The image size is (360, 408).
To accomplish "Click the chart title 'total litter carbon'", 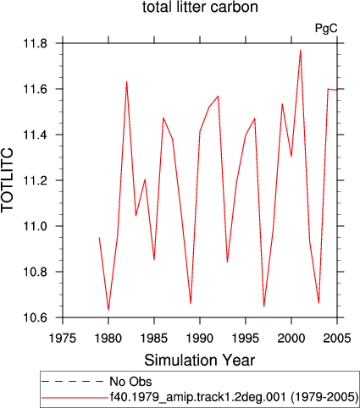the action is pyautogui.click(x=200, y=7).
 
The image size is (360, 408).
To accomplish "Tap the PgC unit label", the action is pyautogui.click(x=326, y=29).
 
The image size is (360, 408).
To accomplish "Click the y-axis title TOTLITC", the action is pyautogui.click(x=8, y=179).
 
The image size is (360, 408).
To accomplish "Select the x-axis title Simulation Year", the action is pyautogui.click(x=200, y=360).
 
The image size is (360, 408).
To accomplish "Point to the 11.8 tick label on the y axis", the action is pyautogui.click(x=35, y=43).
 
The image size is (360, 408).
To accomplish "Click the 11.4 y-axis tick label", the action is pyautogui.click(x=35, y=135).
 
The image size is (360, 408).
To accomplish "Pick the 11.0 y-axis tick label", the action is pyautogui.click(x=35, y=226).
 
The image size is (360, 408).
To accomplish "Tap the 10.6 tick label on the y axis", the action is pyautogui.click(x=35, y=317).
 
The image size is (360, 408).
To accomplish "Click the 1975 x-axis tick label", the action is pyautogui.click(x=63, y=338).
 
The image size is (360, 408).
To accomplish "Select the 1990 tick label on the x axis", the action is pyautogui.click(x=200, y=338).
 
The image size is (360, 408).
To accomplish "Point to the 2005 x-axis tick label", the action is pyautogui.click(x=337, y=338).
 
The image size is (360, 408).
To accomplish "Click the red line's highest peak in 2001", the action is pyautogui.click(x=301, y=50).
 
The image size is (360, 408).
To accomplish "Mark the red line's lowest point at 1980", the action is pyautogui.click(x=108, y=310).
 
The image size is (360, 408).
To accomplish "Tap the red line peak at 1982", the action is pyautogui.click(x=126, y=81).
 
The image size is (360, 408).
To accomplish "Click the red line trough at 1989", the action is pyautogui.click(x=191, y=304).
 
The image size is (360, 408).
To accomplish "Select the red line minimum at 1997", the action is pyautogui.click(x=263, y=306).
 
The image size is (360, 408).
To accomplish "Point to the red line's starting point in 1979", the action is pyautogui.click(x=99, y=238).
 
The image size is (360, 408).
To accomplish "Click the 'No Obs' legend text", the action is pyautogui.click(x=130, y=382).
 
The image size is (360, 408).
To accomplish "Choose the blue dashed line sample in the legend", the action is pyautogui.click(x=73, y=382).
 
